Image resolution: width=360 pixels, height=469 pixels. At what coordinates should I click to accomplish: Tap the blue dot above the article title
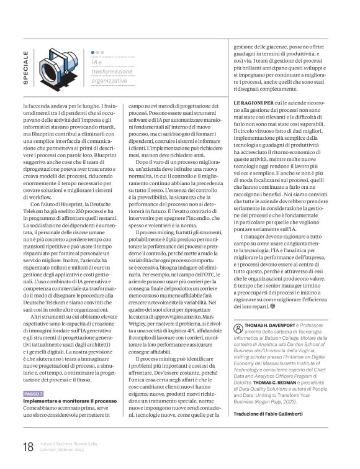pos(93,53)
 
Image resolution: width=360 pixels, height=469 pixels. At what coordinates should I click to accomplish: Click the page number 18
pos(28,447)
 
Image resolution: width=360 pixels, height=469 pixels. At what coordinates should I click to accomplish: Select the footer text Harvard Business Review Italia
pos(69,444)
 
